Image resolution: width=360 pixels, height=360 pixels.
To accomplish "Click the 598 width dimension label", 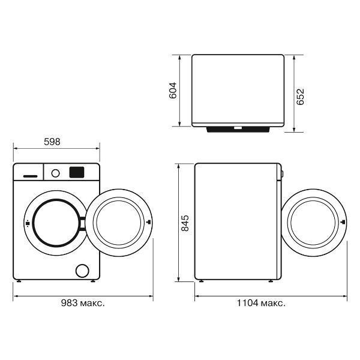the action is point(52,142).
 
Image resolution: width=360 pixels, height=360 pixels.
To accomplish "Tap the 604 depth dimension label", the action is point(173,90).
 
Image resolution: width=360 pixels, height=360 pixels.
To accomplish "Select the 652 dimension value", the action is point(300,97).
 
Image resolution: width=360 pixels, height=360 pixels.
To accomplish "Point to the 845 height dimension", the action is point(185,223).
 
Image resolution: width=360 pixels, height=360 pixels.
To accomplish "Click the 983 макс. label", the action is point(83,303).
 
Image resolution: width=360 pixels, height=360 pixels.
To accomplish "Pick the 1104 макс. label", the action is point(261,303).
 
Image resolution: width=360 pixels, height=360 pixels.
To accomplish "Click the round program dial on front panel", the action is point(56,173).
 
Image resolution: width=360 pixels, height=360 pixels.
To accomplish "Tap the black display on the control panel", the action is point(77,172).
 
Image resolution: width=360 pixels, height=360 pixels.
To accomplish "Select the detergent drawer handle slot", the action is point(31,176).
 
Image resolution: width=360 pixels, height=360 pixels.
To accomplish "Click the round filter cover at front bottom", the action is point(82,271).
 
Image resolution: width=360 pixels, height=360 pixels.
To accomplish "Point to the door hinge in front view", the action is point(82,223).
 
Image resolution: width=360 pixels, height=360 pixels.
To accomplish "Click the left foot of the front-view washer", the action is point(19,281).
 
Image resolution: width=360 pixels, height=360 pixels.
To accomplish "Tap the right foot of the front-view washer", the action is point(93,281).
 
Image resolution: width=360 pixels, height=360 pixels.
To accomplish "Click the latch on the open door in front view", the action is point(149,222).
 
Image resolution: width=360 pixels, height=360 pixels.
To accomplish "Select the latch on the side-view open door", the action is point(343,222).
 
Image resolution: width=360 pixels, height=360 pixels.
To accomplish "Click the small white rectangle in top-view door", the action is point(238,128).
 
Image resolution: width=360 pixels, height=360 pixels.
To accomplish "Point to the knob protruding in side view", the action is point(282,174).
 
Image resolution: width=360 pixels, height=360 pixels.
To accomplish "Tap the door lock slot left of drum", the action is point(28,223).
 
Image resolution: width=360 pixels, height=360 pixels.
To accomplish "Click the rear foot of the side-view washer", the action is point(202,281).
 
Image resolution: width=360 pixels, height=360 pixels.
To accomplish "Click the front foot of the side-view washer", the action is point(271,281).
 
